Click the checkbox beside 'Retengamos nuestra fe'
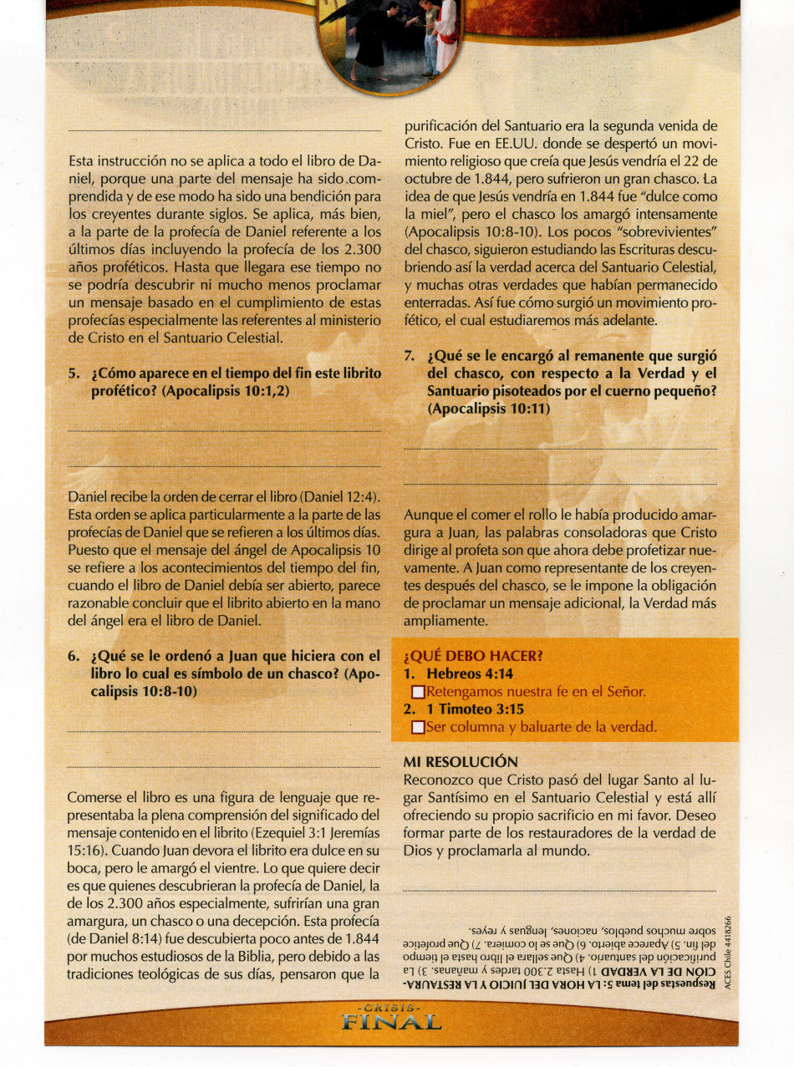419,693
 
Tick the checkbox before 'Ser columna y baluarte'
419,728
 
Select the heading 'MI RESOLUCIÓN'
461,762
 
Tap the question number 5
74,374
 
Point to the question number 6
74,656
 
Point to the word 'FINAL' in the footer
393,1022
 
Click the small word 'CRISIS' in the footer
393,1009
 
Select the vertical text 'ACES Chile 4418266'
727,949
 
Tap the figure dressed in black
372,38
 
